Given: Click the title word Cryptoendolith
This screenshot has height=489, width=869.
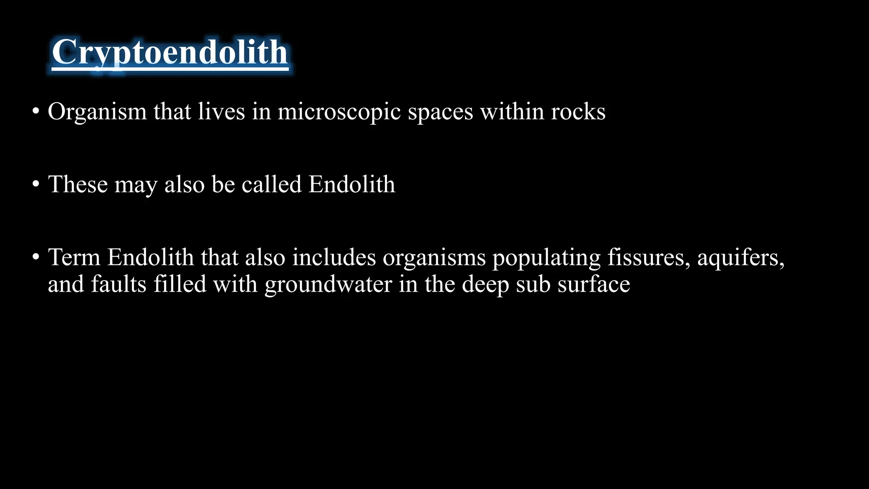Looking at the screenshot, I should (170, 53).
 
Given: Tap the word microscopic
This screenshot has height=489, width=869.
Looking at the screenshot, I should (339, 112).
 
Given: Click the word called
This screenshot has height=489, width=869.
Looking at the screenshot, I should (272, 184).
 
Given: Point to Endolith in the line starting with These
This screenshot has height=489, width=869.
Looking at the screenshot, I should (352, 184).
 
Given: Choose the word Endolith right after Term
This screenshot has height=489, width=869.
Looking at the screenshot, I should (150, 257).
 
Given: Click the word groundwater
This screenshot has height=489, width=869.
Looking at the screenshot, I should (328, 284).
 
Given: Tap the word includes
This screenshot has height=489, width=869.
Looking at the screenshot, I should (334, 257).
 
